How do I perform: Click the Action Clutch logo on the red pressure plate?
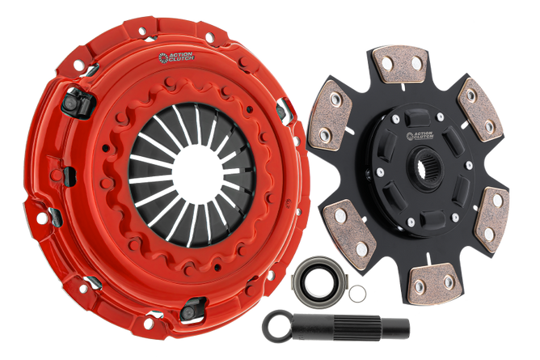176,57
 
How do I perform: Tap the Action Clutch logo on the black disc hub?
420,136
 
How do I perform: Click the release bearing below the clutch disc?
319,278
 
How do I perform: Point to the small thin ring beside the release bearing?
357,293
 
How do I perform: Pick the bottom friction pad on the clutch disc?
433,283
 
